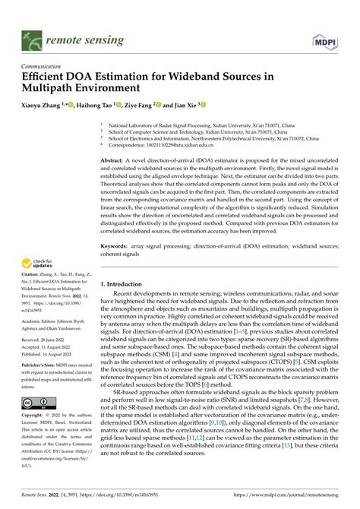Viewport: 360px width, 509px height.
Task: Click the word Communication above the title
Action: click(43, 65)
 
